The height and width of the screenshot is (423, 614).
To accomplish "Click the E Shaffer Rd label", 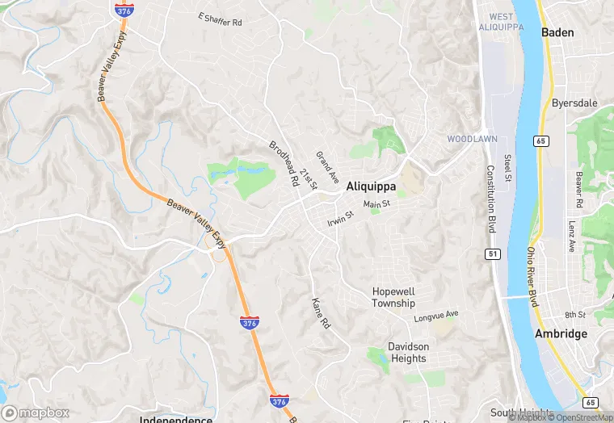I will pyautogui.click(x=220, y=19).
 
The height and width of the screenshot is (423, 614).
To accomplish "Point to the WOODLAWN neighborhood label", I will pyautogui.click(x=471, y=139).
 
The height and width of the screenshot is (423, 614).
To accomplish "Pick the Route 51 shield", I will pyautogui.click(x=493, y=253).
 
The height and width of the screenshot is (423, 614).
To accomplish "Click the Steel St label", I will pyautogui.click(x=508, y=169).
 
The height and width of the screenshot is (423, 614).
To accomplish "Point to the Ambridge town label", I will pyautogui.click(x=561, y=334).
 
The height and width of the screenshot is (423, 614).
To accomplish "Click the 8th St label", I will pyautogui.click(x=574, y=315).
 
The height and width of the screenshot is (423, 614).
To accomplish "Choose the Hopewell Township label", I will pyautogui.click(x=393, y=297).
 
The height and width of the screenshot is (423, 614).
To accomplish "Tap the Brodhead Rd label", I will pyautogui.click(x=284, y=165).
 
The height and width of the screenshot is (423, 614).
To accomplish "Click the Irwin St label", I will pyautogui.click(x=341, y=218).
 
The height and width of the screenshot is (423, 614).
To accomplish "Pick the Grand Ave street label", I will pyautogui.click(x=327, y=165).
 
